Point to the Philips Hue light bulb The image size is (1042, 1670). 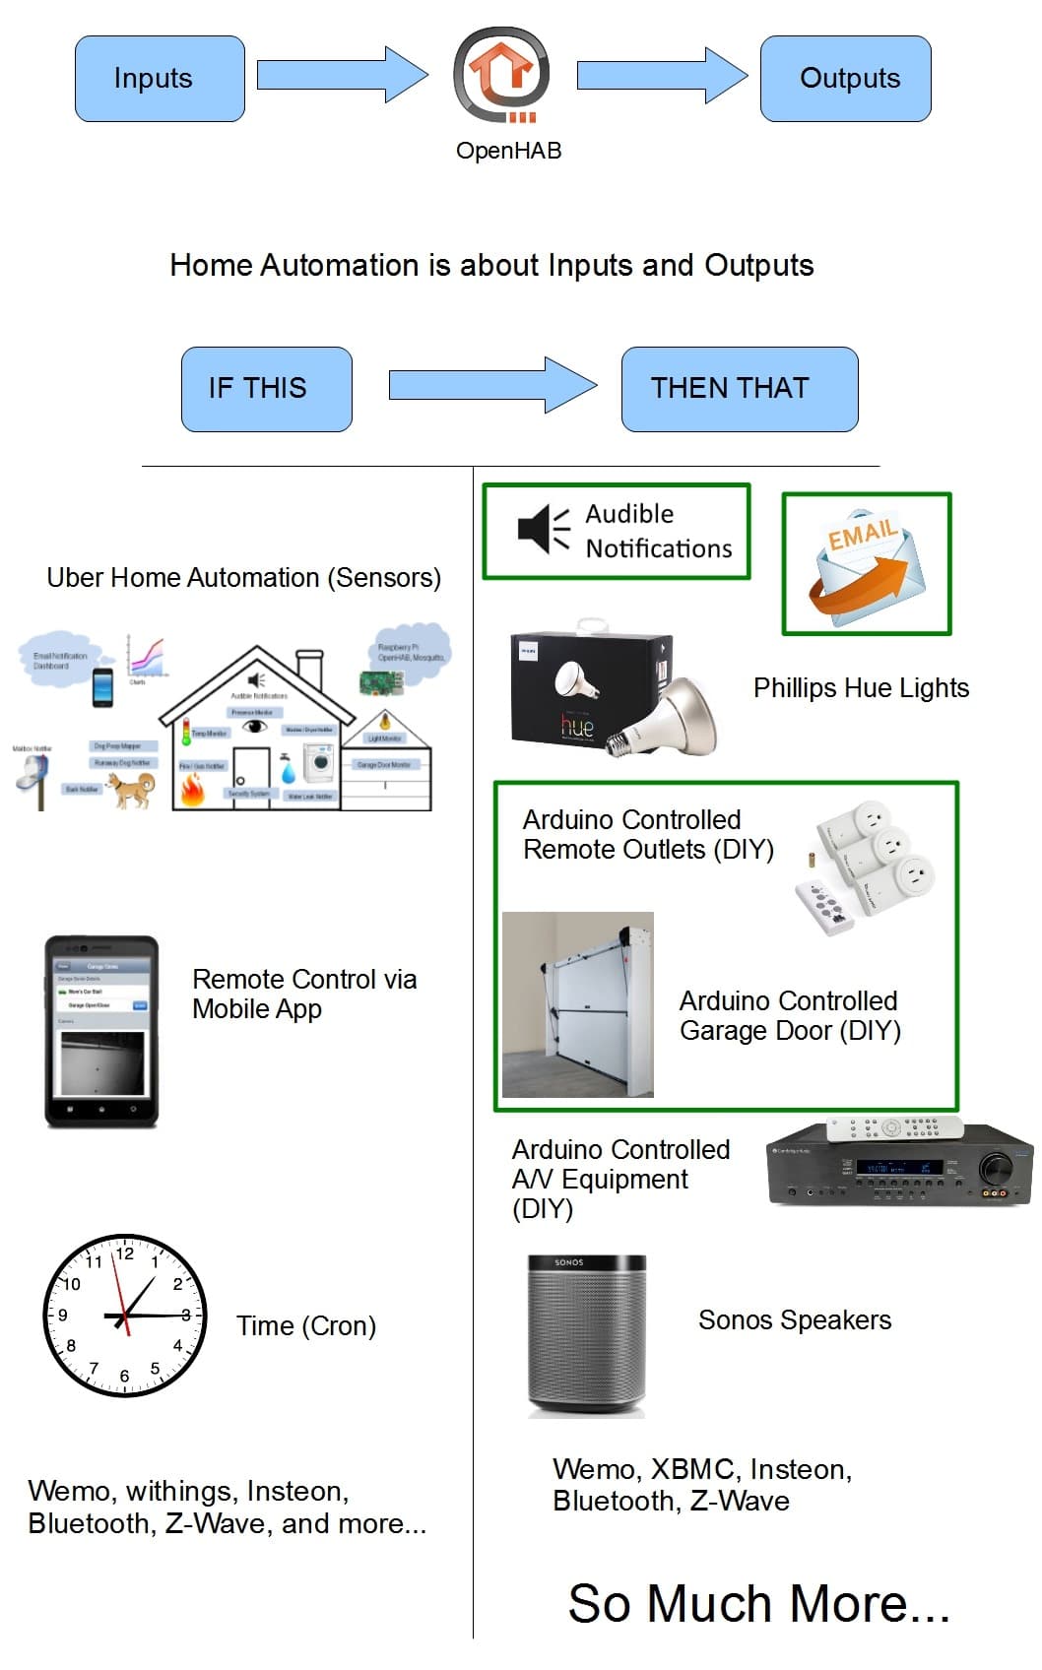tap(670, 714)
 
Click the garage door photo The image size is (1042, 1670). tap(578, 1005)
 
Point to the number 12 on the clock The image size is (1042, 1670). tap(125, 1253)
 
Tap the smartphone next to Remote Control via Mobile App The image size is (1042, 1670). tap(101, 1031)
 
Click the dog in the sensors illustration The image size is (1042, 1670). tap(131, 788)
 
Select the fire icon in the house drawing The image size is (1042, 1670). tap(192, 790)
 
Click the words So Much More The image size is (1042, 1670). tap(758, 1603)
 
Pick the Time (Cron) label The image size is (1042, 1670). tap(306, 1326)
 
